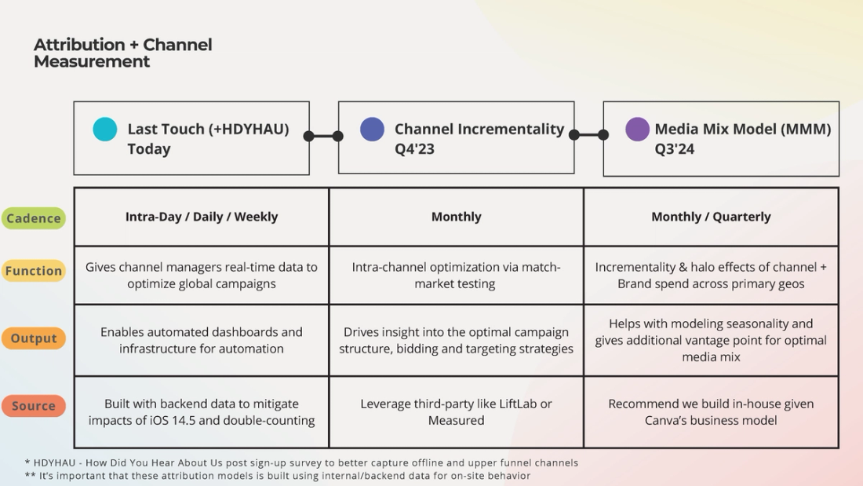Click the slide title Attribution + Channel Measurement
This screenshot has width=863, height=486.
122,53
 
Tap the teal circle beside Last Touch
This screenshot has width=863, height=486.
104,129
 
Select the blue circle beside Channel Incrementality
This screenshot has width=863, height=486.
372,129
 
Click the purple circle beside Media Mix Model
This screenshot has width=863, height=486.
637,129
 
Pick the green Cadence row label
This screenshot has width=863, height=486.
34,218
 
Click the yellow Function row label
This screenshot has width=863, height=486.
34,271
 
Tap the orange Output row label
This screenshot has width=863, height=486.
34,338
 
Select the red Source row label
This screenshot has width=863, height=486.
34,406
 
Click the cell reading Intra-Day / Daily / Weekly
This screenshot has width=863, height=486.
202,217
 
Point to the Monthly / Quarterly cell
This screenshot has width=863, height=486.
711,217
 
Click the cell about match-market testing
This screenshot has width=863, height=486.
456,276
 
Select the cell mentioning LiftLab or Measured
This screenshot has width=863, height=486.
456,412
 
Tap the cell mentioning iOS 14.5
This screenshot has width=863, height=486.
202,412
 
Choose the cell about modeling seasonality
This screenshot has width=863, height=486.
711,340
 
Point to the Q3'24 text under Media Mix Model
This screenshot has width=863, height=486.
675,149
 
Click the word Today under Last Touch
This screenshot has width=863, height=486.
149,149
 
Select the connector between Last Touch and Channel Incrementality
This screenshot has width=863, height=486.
323,136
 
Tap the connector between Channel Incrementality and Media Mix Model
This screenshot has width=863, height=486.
588,135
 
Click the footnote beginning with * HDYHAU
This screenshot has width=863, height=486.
301,462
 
